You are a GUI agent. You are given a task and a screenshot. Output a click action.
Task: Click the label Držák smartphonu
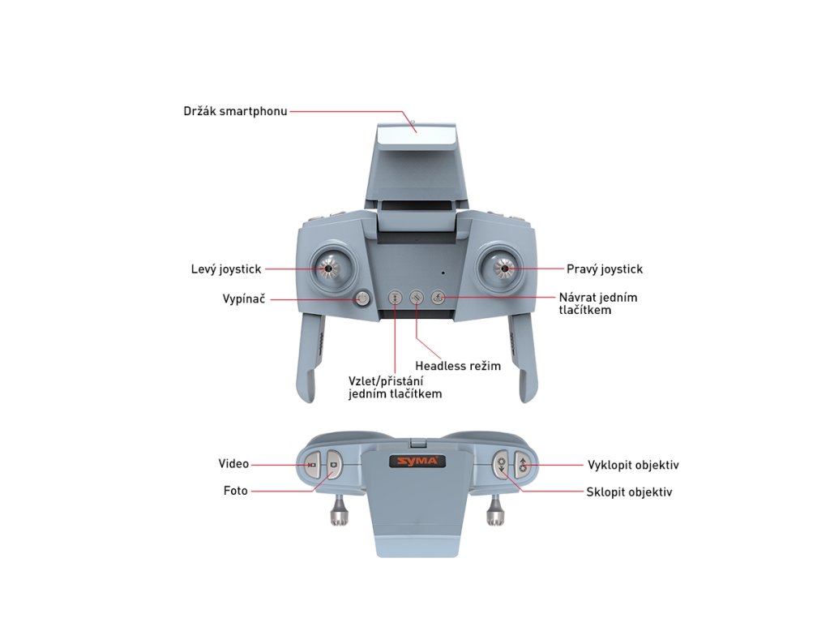[235, 110]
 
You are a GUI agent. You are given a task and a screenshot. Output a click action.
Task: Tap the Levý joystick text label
[226, 269]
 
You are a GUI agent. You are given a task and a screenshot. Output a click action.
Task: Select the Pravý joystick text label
[604, 269]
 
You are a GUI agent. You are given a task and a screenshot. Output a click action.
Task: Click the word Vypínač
[243, 299]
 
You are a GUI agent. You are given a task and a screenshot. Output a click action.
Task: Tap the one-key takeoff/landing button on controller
[395, 298]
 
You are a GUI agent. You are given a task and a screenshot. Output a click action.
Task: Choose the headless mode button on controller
[416, 298]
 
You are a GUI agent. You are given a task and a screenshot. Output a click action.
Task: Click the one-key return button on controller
[438, 298]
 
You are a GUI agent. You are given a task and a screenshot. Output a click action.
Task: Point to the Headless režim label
[458, 366]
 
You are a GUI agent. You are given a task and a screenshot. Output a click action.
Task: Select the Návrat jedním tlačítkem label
[598, 303]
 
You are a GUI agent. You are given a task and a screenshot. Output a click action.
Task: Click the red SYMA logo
[417, 462]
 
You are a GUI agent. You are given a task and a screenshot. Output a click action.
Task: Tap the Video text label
[233, 464]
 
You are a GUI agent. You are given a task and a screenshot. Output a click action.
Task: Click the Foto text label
[236, 491]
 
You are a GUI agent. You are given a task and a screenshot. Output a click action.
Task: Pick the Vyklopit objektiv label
[632, 465]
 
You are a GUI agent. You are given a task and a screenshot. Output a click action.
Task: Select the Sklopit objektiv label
[629, 492]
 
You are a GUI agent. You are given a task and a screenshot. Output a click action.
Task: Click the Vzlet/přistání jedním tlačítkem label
[395, 387]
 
